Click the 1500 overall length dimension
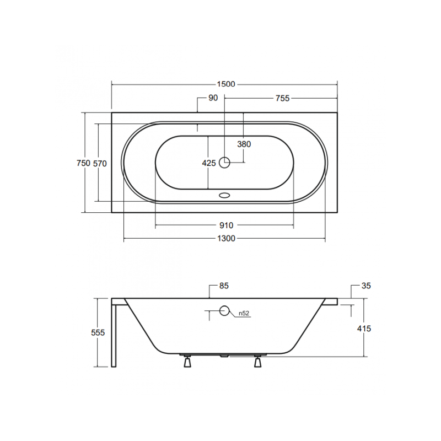click(226, 84)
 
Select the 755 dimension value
click(282, 98)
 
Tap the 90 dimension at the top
click(213, 98)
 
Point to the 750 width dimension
click(83, 163)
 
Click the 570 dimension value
click(100, 163)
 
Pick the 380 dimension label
click(244, 144)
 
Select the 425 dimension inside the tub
click(209, 163)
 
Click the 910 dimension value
click(226, 225)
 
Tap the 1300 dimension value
click(226, 239)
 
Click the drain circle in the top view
click(224, 162)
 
